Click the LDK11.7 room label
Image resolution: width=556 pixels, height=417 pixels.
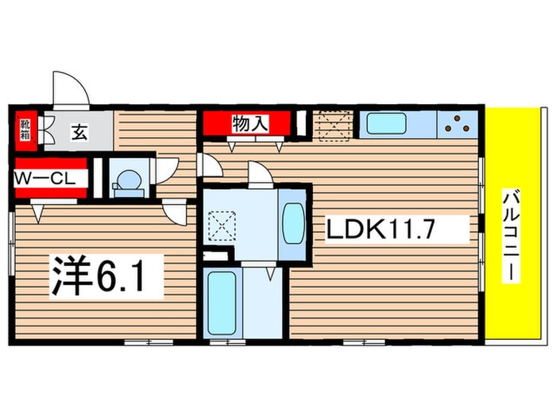(x=380, y=230)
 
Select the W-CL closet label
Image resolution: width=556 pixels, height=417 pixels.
(x=45, y=179)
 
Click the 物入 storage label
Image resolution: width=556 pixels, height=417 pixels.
(x=250, y=124)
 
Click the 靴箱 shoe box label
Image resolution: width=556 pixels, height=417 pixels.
(x=25, y=129)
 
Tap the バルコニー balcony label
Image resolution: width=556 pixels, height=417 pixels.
(x=511, y=236)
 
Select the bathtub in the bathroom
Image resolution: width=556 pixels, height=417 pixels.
(x=222, y=303)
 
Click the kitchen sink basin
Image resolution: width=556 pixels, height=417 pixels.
(x=386, y=123)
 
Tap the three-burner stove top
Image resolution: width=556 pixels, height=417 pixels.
(x=457, y=123)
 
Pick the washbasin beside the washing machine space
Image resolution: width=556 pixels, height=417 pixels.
(x=294, y=223)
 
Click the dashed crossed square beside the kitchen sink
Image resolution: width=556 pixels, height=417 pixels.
(x=334, y=125)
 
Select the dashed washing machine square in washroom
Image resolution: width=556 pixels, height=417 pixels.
(x=222, y=225)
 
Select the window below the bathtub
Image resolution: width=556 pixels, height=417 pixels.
(x=228, y=342)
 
